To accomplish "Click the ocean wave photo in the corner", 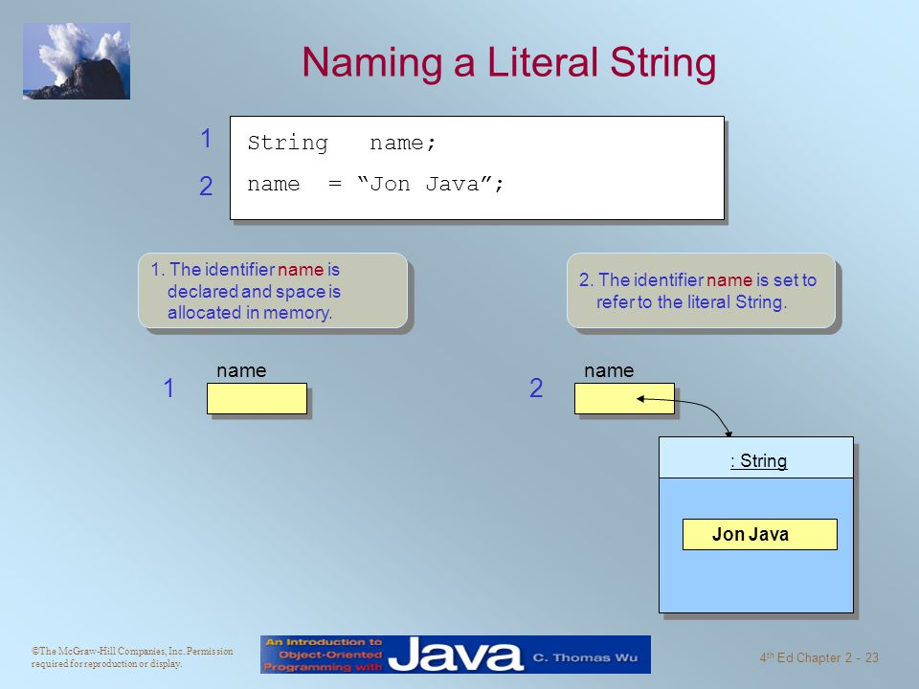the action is tap(77, 61).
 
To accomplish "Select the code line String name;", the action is tap(342, 143).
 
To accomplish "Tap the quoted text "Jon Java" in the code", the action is tap(426, 184).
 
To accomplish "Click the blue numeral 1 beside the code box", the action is tap(206, 139).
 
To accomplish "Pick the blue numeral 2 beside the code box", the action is tap(206, 187).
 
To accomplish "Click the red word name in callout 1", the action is tap(301, 270).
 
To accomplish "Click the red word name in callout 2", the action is tap(729, 280).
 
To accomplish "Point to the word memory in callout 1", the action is tap(298, 313).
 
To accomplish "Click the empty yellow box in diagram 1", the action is tap(257, 398).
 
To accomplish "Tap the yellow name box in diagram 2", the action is tap(624, 398).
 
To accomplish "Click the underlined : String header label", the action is tap(758, 460).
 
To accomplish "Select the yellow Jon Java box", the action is tap(759, 534).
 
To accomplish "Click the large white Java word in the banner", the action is tap(456, 655).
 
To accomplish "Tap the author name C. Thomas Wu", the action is tap(585, 657).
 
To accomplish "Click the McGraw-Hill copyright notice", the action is tap(132, 656).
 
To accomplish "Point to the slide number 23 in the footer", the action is tap(871, 658).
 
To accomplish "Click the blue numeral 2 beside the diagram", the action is tap(536, 388).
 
